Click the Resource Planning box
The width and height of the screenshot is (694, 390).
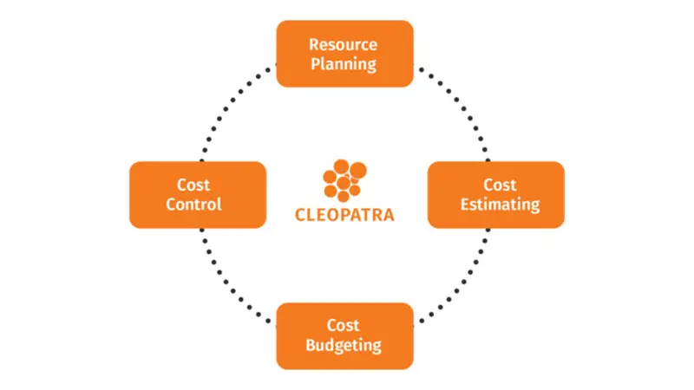344,54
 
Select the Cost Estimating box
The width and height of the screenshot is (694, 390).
496,195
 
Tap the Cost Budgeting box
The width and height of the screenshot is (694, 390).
344,336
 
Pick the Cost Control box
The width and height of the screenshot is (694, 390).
198,195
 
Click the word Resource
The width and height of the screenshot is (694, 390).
343,45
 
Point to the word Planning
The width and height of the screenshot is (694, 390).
344,64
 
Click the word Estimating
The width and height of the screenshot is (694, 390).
501,205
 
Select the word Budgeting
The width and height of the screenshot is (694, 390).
344,345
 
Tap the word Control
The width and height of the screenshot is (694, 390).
193,205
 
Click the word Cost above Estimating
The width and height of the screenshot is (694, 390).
500,185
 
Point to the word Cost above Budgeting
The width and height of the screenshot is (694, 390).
343,326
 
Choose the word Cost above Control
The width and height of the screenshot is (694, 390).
193,185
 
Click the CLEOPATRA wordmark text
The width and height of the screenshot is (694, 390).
344,215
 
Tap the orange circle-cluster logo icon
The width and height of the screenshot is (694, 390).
344,180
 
